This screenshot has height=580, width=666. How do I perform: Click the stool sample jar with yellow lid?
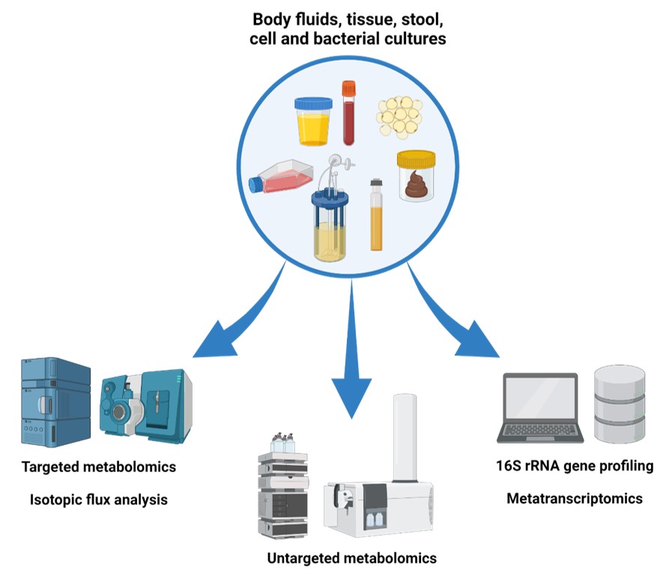tap(416, 175)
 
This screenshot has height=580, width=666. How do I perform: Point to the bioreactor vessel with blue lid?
tap(330, 223)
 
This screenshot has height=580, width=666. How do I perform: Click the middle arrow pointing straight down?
tap(351, 352)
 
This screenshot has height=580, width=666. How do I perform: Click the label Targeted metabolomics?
tap(100, 467)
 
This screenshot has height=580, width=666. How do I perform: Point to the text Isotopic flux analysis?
tap(99, 499)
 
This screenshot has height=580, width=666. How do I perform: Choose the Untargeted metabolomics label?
tap(351, 558)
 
